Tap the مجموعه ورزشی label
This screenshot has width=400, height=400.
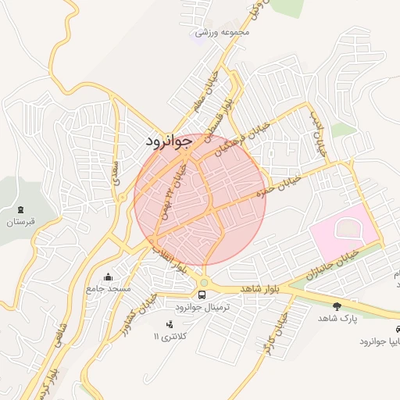[x=223, y=33]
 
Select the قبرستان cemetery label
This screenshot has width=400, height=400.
[x=22, y=223]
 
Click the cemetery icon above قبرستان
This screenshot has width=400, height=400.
[x=20, y=209]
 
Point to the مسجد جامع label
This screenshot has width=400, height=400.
[x=108, y=290]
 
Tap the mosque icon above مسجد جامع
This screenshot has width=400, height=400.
[x=108, y=277]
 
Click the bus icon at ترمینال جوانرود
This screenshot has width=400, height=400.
[x=202, y=295]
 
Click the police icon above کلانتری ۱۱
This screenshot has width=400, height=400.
[x=168, y=323]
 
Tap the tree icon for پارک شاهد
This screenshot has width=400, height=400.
[x=337, y=306]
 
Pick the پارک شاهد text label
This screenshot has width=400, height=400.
[x=337, y=319]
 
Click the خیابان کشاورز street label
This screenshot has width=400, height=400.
[x=140, y=316]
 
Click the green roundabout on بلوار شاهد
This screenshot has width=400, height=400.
[x=204, y=283]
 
